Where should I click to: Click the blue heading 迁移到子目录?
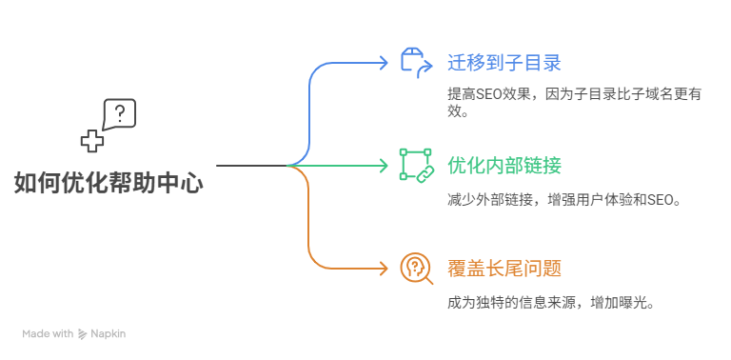pyautogui.click(x=504, y=64)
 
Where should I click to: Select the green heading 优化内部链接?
pyautogui.click(x=504, y=166)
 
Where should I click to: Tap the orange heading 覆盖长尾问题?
pyautogui.click(x=504, y=268)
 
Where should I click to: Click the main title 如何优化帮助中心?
pyautogui.click(x=109, y=183)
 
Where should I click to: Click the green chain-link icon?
pyautogui.click(x=415, y=165)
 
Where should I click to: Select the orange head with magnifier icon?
pyautogui.click(x=416, y=268)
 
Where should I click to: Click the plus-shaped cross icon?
pyautogui.click(x=91, y=141)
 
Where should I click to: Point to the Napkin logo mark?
pyautogui.click(x=82, y=334)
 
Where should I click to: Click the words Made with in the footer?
pyautogui.click(x=48, y=334)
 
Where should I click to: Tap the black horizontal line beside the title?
pyautogui.click(x=251, y=166)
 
